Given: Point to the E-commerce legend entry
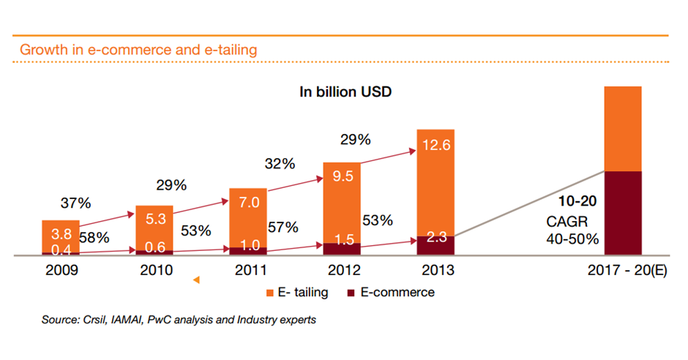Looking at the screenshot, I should click(x=395, y=293).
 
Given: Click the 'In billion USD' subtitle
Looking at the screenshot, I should click(x=346, y=92).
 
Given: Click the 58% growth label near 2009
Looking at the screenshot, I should click(x=94, y=238).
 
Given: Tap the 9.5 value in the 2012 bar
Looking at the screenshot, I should click(x=342, y=176).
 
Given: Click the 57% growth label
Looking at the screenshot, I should click(x=283, y=228).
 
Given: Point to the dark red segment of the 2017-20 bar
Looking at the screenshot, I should click(x=622, y=212).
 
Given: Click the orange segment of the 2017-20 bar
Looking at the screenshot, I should click(x=622, y=128).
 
